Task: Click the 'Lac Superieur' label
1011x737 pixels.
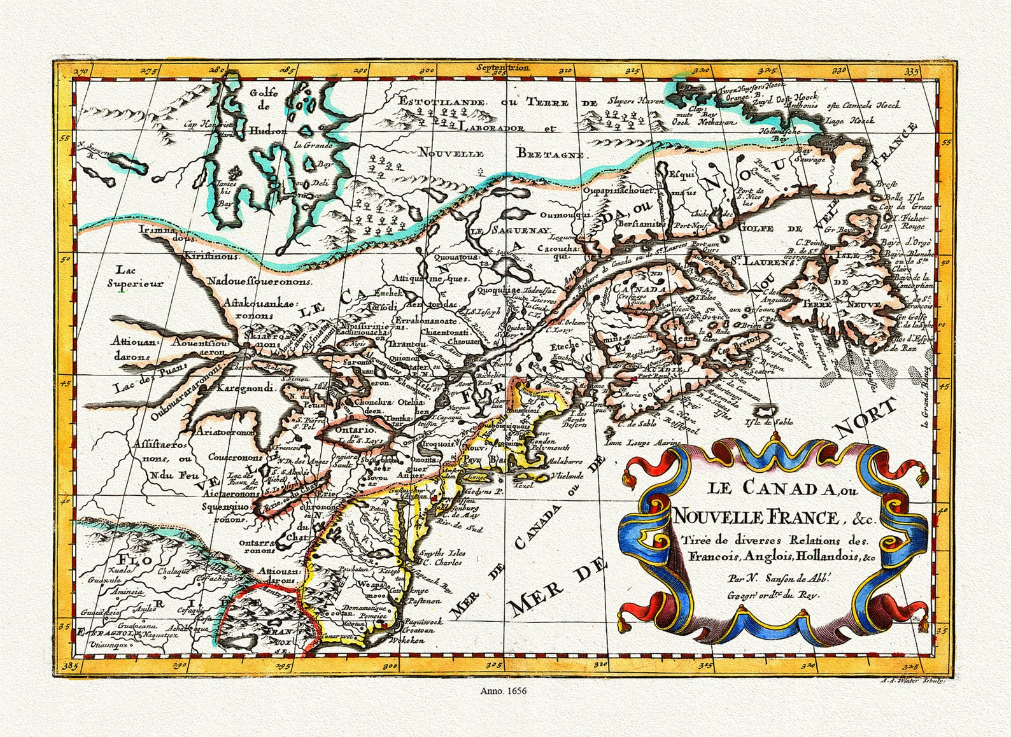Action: point(135,277)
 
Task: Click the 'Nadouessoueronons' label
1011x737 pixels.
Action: point(258,281)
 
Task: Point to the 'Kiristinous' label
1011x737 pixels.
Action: point(211,256)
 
